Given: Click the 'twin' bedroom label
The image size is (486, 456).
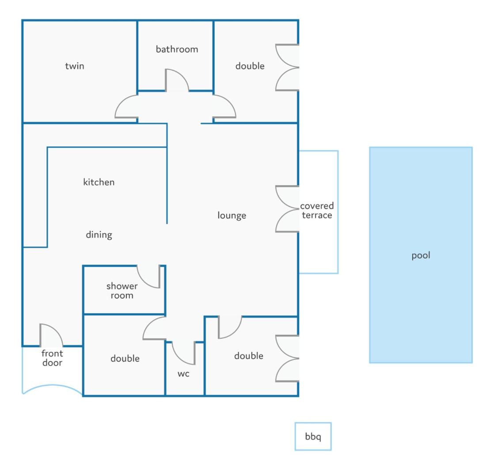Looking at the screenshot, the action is (x=74, y=66).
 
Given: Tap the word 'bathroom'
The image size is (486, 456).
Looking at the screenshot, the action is (x=177, y=49).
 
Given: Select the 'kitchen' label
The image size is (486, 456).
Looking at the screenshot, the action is (x=99, y=182).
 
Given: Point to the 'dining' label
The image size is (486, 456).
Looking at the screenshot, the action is (x=99, y=235).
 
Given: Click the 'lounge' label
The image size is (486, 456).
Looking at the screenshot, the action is (x=232, y=215).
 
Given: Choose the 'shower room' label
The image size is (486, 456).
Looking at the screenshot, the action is (x=122, y=291).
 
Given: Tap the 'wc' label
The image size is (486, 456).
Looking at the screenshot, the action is (x=183, y=374).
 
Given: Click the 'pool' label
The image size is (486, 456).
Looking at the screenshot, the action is (x=421, y=255).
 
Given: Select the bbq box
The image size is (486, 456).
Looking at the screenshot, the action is (x=313, y=436).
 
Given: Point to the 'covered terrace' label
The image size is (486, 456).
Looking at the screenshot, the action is (x=317, y=210).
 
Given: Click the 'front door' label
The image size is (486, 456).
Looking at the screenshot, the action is (x=52, y=358).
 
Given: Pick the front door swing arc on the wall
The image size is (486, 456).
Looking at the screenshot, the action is (x=57, y=330).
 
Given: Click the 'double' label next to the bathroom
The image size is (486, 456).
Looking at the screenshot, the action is (x=250, y=66).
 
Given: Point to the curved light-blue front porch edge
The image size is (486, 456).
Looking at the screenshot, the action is (x=52, y=385).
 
